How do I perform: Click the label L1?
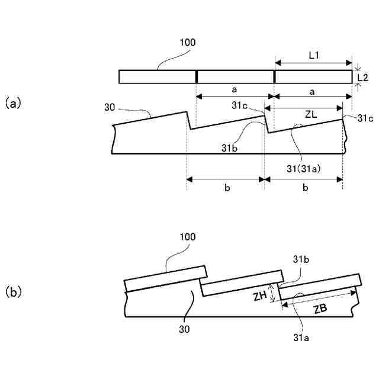(x=313, y=54)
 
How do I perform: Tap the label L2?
(x=364, y=77)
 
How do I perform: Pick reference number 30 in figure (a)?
(x=110, y=108)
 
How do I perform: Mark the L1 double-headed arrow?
(x=313, y=62)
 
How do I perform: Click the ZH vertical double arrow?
(x=272, y=293)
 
